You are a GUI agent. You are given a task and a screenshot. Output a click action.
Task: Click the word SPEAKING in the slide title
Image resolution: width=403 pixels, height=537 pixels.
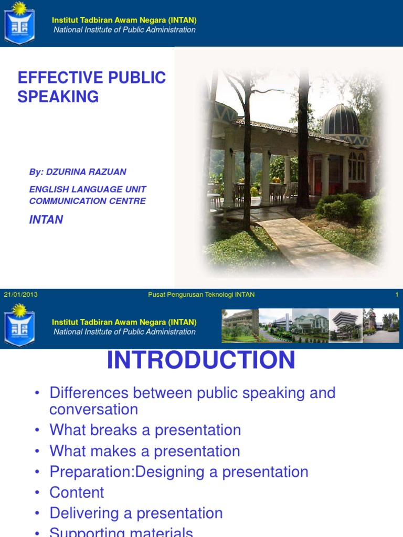(58, 96)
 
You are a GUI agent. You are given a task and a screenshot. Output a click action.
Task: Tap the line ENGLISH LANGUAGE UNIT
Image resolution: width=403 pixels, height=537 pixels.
(88, 189)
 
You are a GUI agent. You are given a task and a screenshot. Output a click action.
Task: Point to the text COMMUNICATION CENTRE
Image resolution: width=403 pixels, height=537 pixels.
(88, 201)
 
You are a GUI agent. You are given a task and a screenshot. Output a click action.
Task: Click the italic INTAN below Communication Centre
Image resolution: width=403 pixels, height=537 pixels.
(46, 220)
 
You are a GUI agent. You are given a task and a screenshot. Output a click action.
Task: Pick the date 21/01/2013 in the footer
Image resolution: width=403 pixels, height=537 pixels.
(20, 295)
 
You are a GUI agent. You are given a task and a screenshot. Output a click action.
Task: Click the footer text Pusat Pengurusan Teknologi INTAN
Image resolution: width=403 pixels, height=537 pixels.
(201, 295)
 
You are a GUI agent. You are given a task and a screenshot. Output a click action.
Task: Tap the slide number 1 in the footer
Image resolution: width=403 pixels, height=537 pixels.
(397, 295)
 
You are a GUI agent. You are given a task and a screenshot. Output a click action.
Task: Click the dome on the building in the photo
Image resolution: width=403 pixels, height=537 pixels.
(341, 120)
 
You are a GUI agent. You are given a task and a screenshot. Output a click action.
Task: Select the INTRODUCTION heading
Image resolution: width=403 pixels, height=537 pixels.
(201, 361)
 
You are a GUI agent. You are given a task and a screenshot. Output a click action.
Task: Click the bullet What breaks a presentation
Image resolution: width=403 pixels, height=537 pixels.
(145, 430)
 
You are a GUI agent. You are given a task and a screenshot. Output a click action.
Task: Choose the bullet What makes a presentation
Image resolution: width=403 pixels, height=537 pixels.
(145, 451)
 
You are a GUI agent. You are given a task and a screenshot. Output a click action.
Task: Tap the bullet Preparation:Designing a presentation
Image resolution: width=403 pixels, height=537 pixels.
(179, 472)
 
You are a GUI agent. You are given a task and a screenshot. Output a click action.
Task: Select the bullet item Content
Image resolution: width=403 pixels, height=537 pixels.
(77, 492)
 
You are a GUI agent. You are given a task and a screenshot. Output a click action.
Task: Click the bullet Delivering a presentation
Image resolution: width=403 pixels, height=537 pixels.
(136, 513)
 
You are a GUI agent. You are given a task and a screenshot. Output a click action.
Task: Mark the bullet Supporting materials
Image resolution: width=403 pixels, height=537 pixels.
(121, 532)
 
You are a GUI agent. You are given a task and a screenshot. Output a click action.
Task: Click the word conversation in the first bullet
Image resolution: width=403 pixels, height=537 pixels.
(94, 409)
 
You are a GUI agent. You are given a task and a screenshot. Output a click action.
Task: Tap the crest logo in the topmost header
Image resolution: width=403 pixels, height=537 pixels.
(19, 24)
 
